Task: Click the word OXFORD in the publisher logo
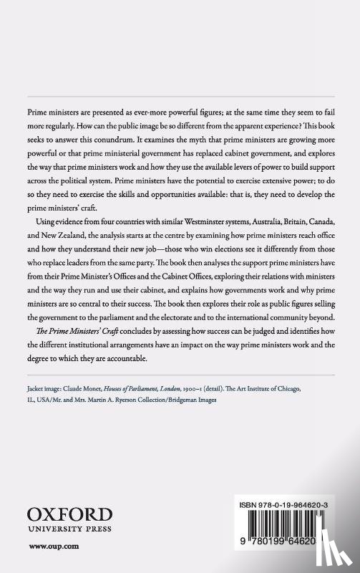[69, 514]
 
